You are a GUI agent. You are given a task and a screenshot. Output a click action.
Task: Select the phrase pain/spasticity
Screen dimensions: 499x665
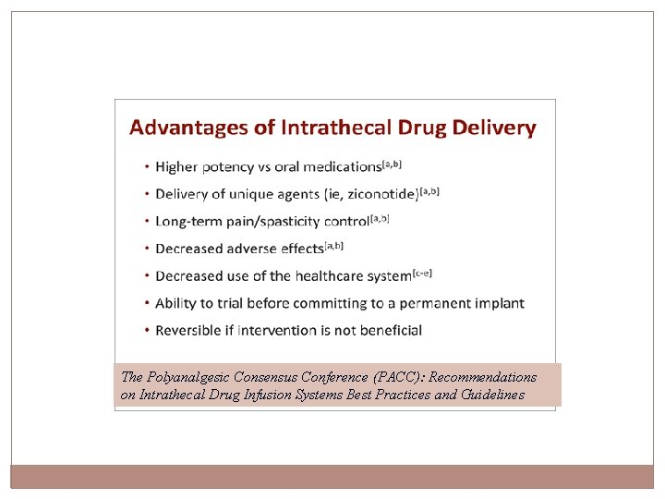[274, 222]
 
